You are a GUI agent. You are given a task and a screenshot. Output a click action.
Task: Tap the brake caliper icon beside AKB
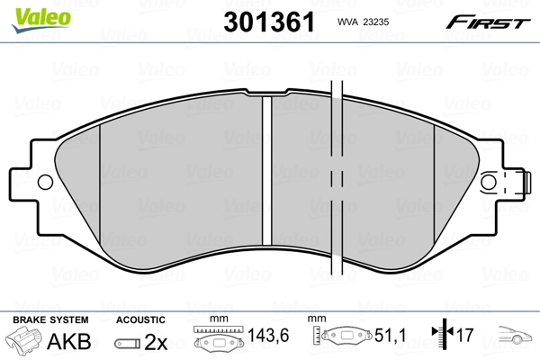pos(25,342)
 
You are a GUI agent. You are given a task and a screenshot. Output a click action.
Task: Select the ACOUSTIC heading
pos(140,320)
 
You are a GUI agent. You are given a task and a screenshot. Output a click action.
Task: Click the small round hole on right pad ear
pos(489,182)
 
